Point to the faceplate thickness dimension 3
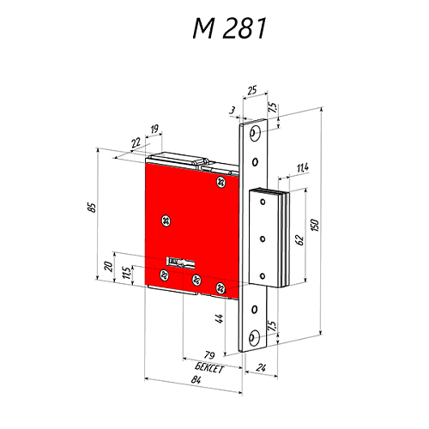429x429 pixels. pos(233,109)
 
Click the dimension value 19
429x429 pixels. pos(153,130)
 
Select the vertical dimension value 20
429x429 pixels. pos(109,266)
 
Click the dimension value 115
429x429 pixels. pos(126,273)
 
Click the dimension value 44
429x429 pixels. pos(220,320)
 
